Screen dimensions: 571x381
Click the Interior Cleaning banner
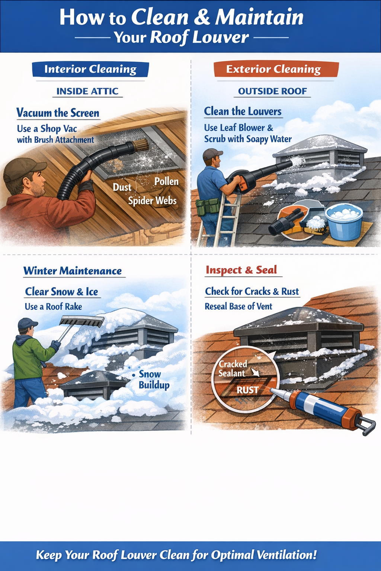click(x=90, y=69)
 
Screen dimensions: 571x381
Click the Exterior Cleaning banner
click(x=273, y=69)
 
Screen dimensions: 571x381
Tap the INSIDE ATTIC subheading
click(x=87, y=91)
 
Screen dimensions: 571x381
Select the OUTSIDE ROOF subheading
click(x=272, y=91)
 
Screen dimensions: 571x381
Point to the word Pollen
click(x=166, y=181)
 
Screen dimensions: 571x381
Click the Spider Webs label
click(x=152, y=201)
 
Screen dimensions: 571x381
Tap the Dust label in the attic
click(x=122, y=187)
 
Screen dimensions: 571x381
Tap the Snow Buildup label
click(x=154, y=380)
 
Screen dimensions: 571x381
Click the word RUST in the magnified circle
click(x=247, y=390)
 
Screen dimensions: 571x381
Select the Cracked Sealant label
click(x=232, y=369)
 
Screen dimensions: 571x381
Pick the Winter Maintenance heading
click(x=73, y=271)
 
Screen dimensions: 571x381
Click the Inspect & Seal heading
click(x=241, y=270)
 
